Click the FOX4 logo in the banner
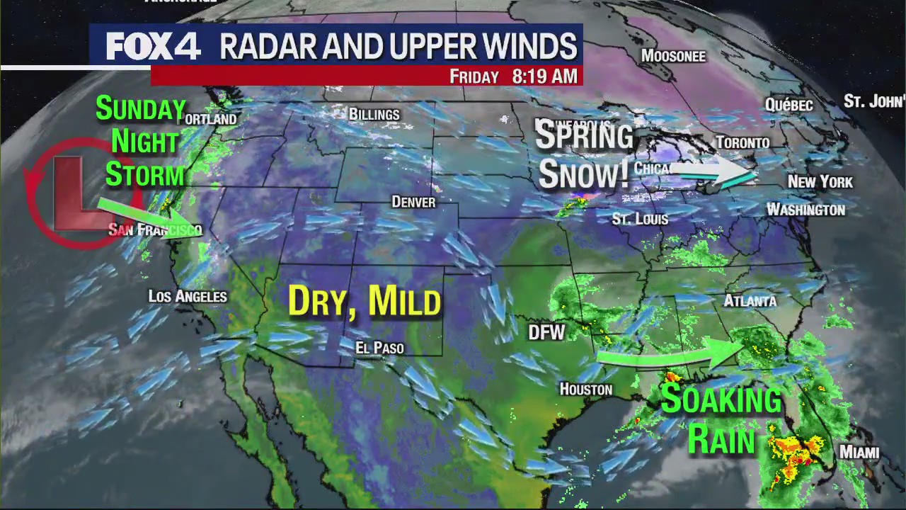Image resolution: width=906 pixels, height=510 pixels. (x=154, y=47)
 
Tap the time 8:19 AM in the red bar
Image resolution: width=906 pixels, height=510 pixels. (x=544, y=76)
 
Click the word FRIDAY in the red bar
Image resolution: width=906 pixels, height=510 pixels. (x=474, y=76)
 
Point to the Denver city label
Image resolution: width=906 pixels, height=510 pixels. (x=413, y=202)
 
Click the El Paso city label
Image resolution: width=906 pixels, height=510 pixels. (x=379, y=348)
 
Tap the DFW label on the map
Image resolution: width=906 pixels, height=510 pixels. (x=546, y=332)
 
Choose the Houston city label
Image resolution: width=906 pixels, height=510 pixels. (x=585, y=389)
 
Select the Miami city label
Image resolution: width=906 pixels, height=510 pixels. (x=859, y=452)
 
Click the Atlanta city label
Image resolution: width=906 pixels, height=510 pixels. (x=750, y=301)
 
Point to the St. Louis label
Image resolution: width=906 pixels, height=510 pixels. (x=640, y=220)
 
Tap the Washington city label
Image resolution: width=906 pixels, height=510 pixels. (x=805, y=210)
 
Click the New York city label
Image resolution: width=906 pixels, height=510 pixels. (x=820, y=182)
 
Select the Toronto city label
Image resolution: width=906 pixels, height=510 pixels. (x=742, y=142)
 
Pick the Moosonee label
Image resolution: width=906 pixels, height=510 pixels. (x=673, y=56)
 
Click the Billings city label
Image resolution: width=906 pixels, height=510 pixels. (x=374, y=114)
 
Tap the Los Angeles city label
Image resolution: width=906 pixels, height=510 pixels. (x=188, y=297)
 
